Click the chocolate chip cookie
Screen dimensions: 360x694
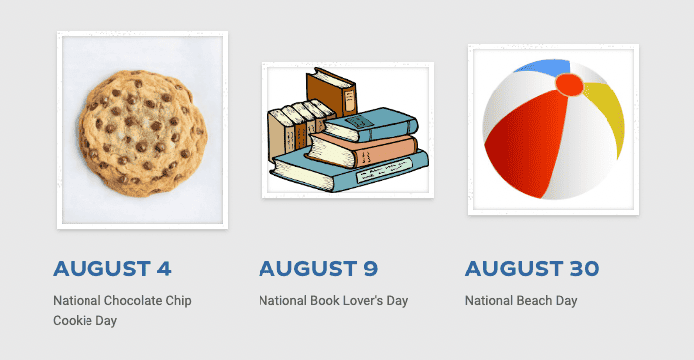(x=143, y=129)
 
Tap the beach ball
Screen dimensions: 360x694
(x=554, y=129)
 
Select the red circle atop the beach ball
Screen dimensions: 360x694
(x=569, y=86)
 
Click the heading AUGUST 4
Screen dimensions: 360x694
(x=112, y=269)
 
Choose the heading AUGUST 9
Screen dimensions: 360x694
(x=318, y=269)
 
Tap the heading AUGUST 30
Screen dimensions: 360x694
(x=532, y=269)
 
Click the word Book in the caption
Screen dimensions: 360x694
(x=320, y=301)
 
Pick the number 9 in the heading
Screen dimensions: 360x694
(x=370, y=269)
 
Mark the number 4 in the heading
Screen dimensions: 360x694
(x=164, y=269)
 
